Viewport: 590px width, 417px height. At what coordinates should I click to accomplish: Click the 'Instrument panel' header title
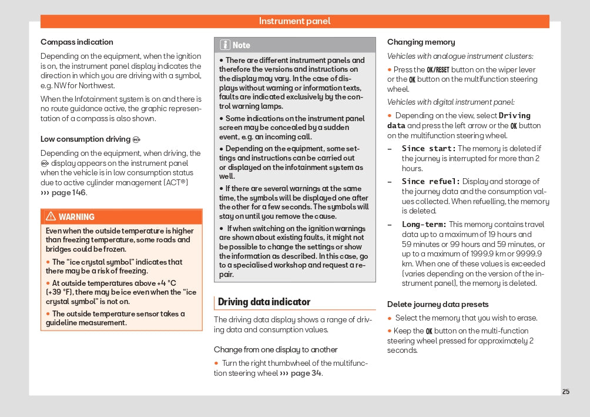pyautogui.click(x=294, y=21)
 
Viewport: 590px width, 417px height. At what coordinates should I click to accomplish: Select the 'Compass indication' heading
pyautogui.click(x=76, y=42)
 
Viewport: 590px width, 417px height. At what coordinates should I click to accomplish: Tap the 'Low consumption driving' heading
pyautogui.click(x=85, y=139)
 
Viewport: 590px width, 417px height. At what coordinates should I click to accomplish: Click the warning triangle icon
pyautogui.click(x=51, y=216)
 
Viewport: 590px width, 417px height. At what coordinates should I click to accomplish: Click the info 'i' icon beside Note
pyautogui.click(x=225, y=45)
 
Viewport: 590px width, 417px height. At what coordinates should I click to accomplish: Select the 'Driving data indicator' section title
pyautogui.click(x=264, y=302)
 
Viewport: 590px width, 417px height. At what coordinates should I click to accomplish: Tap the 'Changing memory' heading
pyautogui.click(x=421, y=42)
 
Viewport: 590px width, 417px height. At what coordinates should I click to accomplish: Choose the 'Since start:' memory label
pyautogui.click(x=428, y=148)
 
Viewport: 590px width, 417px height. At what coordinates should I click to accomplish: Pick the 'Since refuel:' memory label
pyautogui.click(x=431, y=181)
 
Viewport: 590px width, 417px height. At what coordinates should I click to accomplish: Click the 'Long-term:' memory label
pyautogui.click(x=424, y=224)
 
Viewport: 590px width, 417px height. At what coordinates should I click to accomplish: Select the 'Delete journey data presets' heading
pyautogui.click(x=438, y=304)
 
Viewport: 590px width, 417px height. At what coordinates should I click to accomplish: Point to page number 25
pyautogui.click(x=565, y=392)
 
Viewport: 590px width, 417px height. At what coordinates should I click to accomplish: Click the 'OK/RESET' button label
pyautogui.click(x=438, y=69)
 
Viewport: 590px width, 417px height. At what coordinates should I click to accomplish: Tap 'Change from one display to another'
pyautogui.click(x=276, y=349)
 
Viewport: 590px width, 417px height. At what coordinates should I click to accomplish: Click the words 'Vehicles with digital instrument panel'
pyautogui.click(x=450, y=102)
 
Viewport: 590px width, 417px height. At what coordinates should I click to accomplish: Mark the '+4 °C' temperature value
pyautogui.click(x=166, y=283)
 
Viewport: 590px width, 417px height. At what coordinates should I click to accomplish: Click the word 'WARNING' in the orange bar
pyautogui.click(x=76, y=216)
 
